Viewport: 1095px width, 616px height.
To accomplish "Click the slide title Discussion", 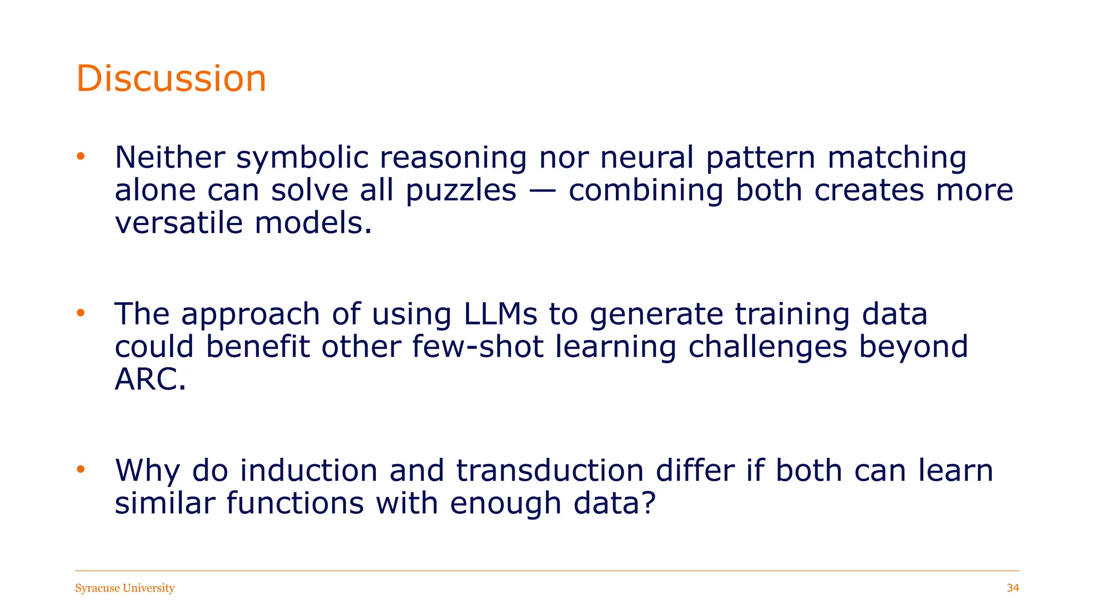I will click(x=171, y=79).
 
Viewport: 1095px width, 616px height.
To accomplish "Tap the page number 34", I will click(x=1013, y=588).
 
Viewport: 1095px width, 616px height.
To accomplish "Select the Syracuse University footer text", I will click(x=125, y=588).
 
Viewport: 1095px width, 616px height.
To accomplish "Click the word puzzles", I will click(x=461, y=191).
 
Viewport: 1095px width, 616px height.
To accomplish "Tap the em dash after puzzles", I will click(x=542, y=191).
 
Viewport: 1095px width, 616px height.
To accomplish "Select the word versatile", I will click(x=179, y=222).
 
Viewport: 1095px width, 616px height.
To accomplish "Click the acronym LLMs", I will click(x=500, y=314).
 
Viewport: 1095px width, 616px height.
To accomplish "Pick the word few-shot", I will click(x=478, y=346).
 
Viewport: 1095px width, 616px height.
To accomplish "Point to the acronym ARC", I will click(x=150, y=379).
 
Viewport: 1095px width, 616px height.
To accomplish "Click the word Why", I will click(x=148, y=471).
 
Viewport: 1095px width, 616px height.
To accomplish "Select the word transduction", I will click(x=550, y=471).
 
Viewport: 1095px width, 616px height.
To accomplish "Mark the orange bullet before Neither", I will click(x=81, y=157).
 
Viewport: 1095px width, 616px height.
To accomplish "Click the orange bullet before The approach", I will click(x=81, y=313).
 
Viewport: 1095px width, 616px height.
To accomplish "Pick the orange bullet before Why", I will click(x=81, y=469).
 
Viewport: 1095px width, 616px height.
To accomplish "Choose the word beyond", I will click(x=913, y=348).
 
